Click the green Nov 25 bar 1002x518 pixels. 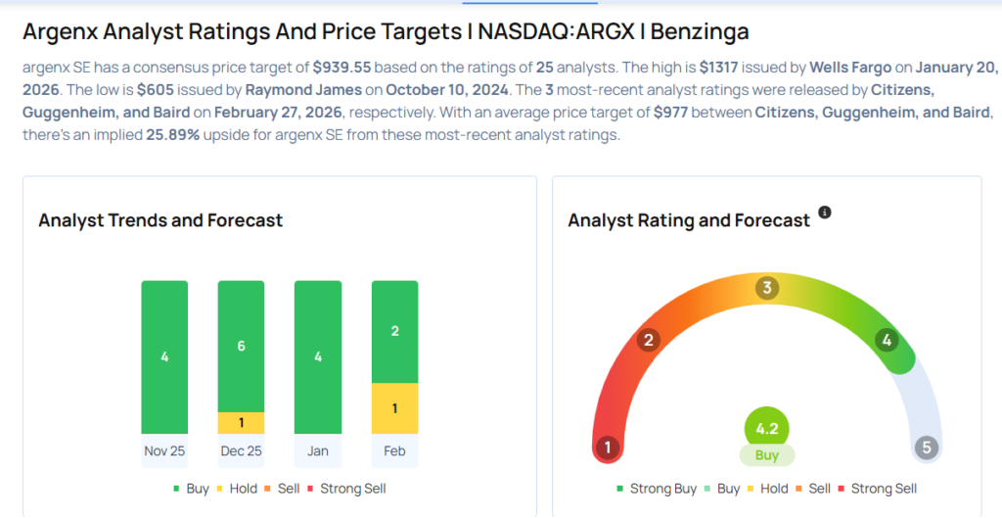pyautogui.click(x=164, y=356)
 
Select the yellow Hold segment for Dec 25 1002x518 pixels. pyautogui.click(x=241, y=422)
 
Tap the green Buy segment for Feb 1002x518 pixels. pyautogui.click(x=394, y=331)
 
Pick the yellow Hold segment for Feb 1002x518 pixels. pyautogui.click(x=394, y=407)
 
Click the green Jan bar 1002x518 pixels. pyautogui.click(x=318, y=356)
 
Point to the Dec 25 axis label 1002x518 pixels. pyautogui.click(x=241, y=451)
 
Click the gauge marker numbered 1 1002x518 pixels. pyautogui.click(x=608, y=448)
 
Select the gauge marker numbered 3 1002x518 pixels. pyautogui.click(x=767, y=288)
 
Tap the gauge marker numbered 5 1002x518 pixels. pyautogui.click(x=926, y=448)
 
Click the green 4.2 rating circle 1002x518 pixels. pyautogui.click(x=766, y=427)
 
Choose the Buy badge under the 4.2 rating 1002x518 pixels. pyautogui.click(x=766, y=455)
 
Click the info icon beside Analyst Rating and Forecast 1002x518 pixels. pyautogui.click(x=825, y=212)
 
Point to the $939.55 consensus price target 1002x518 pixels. pyautogui.click(x=342, y=68)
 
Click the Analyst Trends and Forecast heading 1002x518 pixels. pyautogui.click(x=160, y=220)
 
